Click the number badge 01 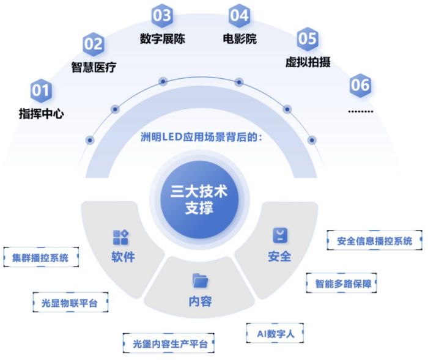pyautogui.click(x=41, y=90)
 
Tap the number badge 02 pyautogui.click(x=94, y=44)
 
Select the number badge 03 pyautogui.click(x=162, y=15)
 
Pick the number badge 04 pyautogui.click(x=240, y=15)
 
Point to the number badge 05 pyautogui.click(x=308, y=38)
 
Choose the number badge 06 pyautogui.click(x=360, y=85)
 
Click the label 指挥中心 pyautogui.click(x=41, y=113)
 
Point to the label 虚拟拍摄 pyautogui.click(x=308, y=62)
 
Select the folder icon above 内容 pyautogui.click(x=200, y=281)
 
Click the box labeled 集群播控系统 pyautogui.click(x=41, y=258)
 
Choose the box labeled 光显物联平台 pyautogui.click(x=70, y=302)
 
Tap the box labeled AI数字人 pyautogui.click(x=275, y=334)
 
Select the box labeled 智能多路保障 pyautogui.click(x=342, y=284)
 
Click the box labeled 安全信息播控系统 pyautogui.click(x=374, y=240)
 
